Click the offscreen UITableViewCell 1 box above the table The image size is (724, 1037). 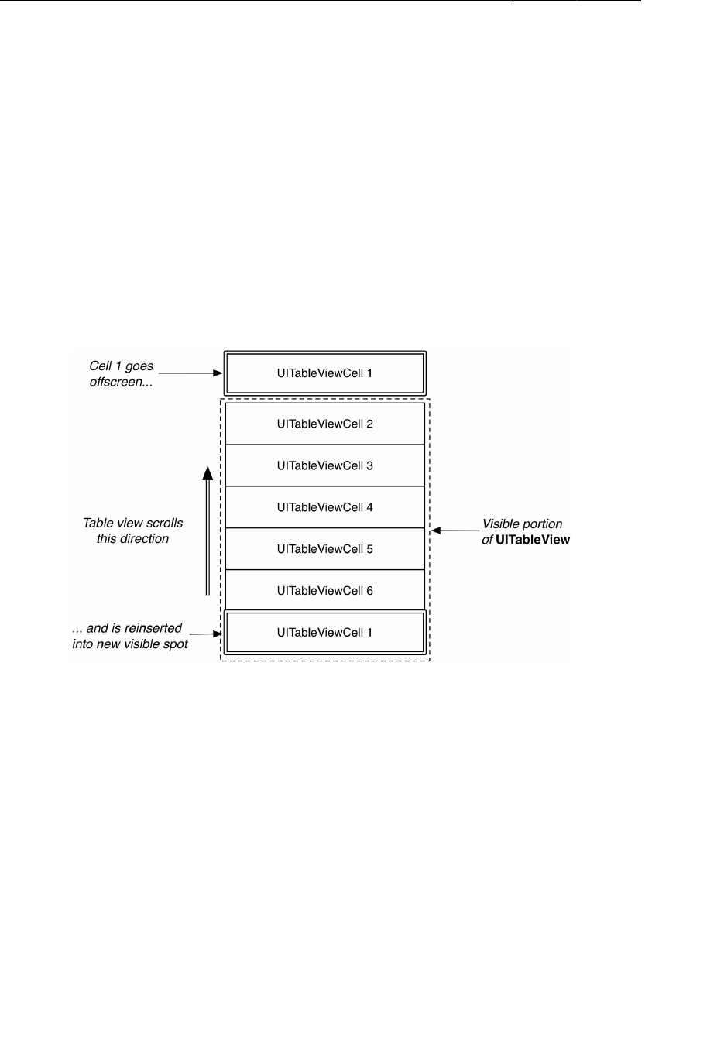pos(324,373)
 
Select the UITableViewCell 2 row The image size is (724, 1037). pos(324,424)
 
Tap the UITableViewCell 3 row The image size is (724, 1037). pos(324,465)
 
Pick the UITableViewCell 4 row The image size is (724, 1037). pos(324,507)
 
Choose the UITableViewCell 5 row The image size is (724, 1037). pos(324,549)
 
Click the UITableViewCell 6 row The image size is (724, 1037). pos(324,591)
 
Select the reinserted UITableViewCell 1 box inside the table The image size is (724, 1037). pos(324,633)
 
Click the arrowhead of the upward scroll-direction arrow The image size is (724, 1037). pos(208,472)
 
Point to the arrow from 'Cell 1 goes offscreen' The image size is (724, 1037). pos(190,373)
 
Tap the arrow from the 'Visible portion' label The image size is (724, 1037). pos(455,531)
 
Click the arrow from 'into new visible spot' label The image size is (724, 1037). pos(206,634)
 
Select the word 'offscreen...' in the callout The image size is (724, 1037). pos(121,382)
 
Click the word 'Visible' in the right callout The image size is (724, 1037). pos(500,524)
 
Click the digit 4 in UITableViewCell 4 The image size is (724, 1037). pos(369,507)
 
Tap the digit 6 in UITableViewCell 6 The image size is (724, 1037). pos(369,591)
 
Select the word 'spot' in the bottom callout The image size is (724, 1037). pos(175,644)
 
